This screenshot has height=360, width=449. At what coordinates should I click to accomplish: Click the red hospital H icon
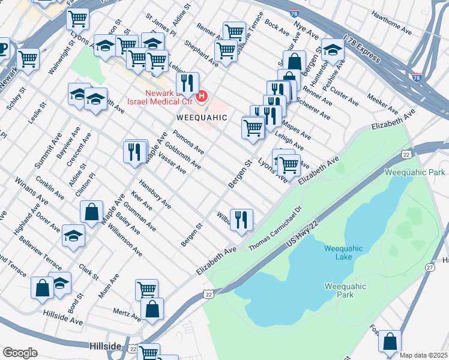pyautogui.click(x=202, y=95)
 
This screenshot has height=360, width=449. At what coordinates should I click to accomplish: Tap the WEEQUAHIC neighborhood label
pyautogui.click(x=202, y=118)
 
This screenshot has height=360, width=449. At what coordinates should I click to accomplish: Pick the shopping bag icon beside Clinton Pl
pyautogui.click(x=91, y=212)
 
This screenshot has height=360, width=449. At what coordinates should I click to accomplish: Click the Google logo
pyautogui.click(x=20, y=353)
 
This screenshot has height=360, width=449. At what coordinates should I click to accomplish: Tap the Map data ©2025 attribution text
pyautogui.click(x=423, y=355)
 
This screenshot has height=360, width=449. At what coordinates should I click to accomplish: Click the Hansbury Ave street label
pyautogui.click(x=155, y=194)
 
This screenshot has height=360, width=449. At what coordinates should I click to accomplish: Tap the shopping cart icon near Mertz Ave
pyautogui.click(x=146, y=290)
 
